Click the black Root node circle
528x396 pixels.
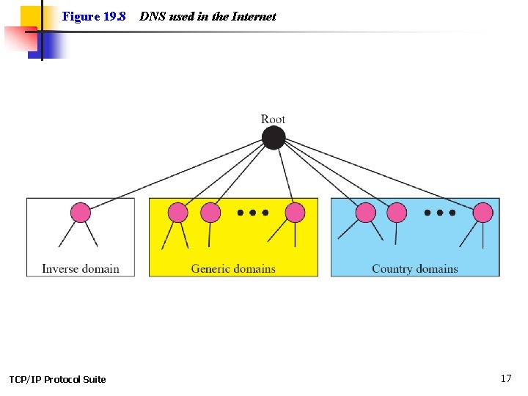274,138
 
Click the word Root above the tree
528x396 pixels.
273,119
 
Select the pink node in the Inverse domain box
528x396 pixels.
81,213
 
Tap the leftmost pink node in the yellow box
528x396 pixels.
178,213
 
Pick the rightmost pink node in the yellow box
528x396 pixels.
295,213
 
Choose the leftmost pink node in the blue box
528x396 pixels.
365,213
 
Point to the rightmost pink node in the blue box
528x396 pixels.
483,213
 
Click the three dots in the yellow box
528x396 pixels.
252,213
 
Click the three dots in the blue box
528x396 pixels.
439,213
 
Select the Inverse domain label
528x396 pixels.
81,268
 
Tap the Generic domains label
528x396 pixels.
233,268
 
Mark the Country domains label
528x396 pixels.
414,268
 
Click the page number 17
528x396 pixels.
506,378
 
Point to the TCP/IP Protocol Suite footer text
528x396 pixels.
57,379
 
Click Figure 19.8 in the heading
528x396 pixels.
94,16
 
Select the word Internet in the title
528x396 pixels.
254,16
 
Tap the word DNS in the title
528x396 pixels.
153,16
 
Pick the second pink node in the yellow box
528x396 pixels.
210,213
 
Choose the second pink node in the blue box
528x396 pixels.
397,213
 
